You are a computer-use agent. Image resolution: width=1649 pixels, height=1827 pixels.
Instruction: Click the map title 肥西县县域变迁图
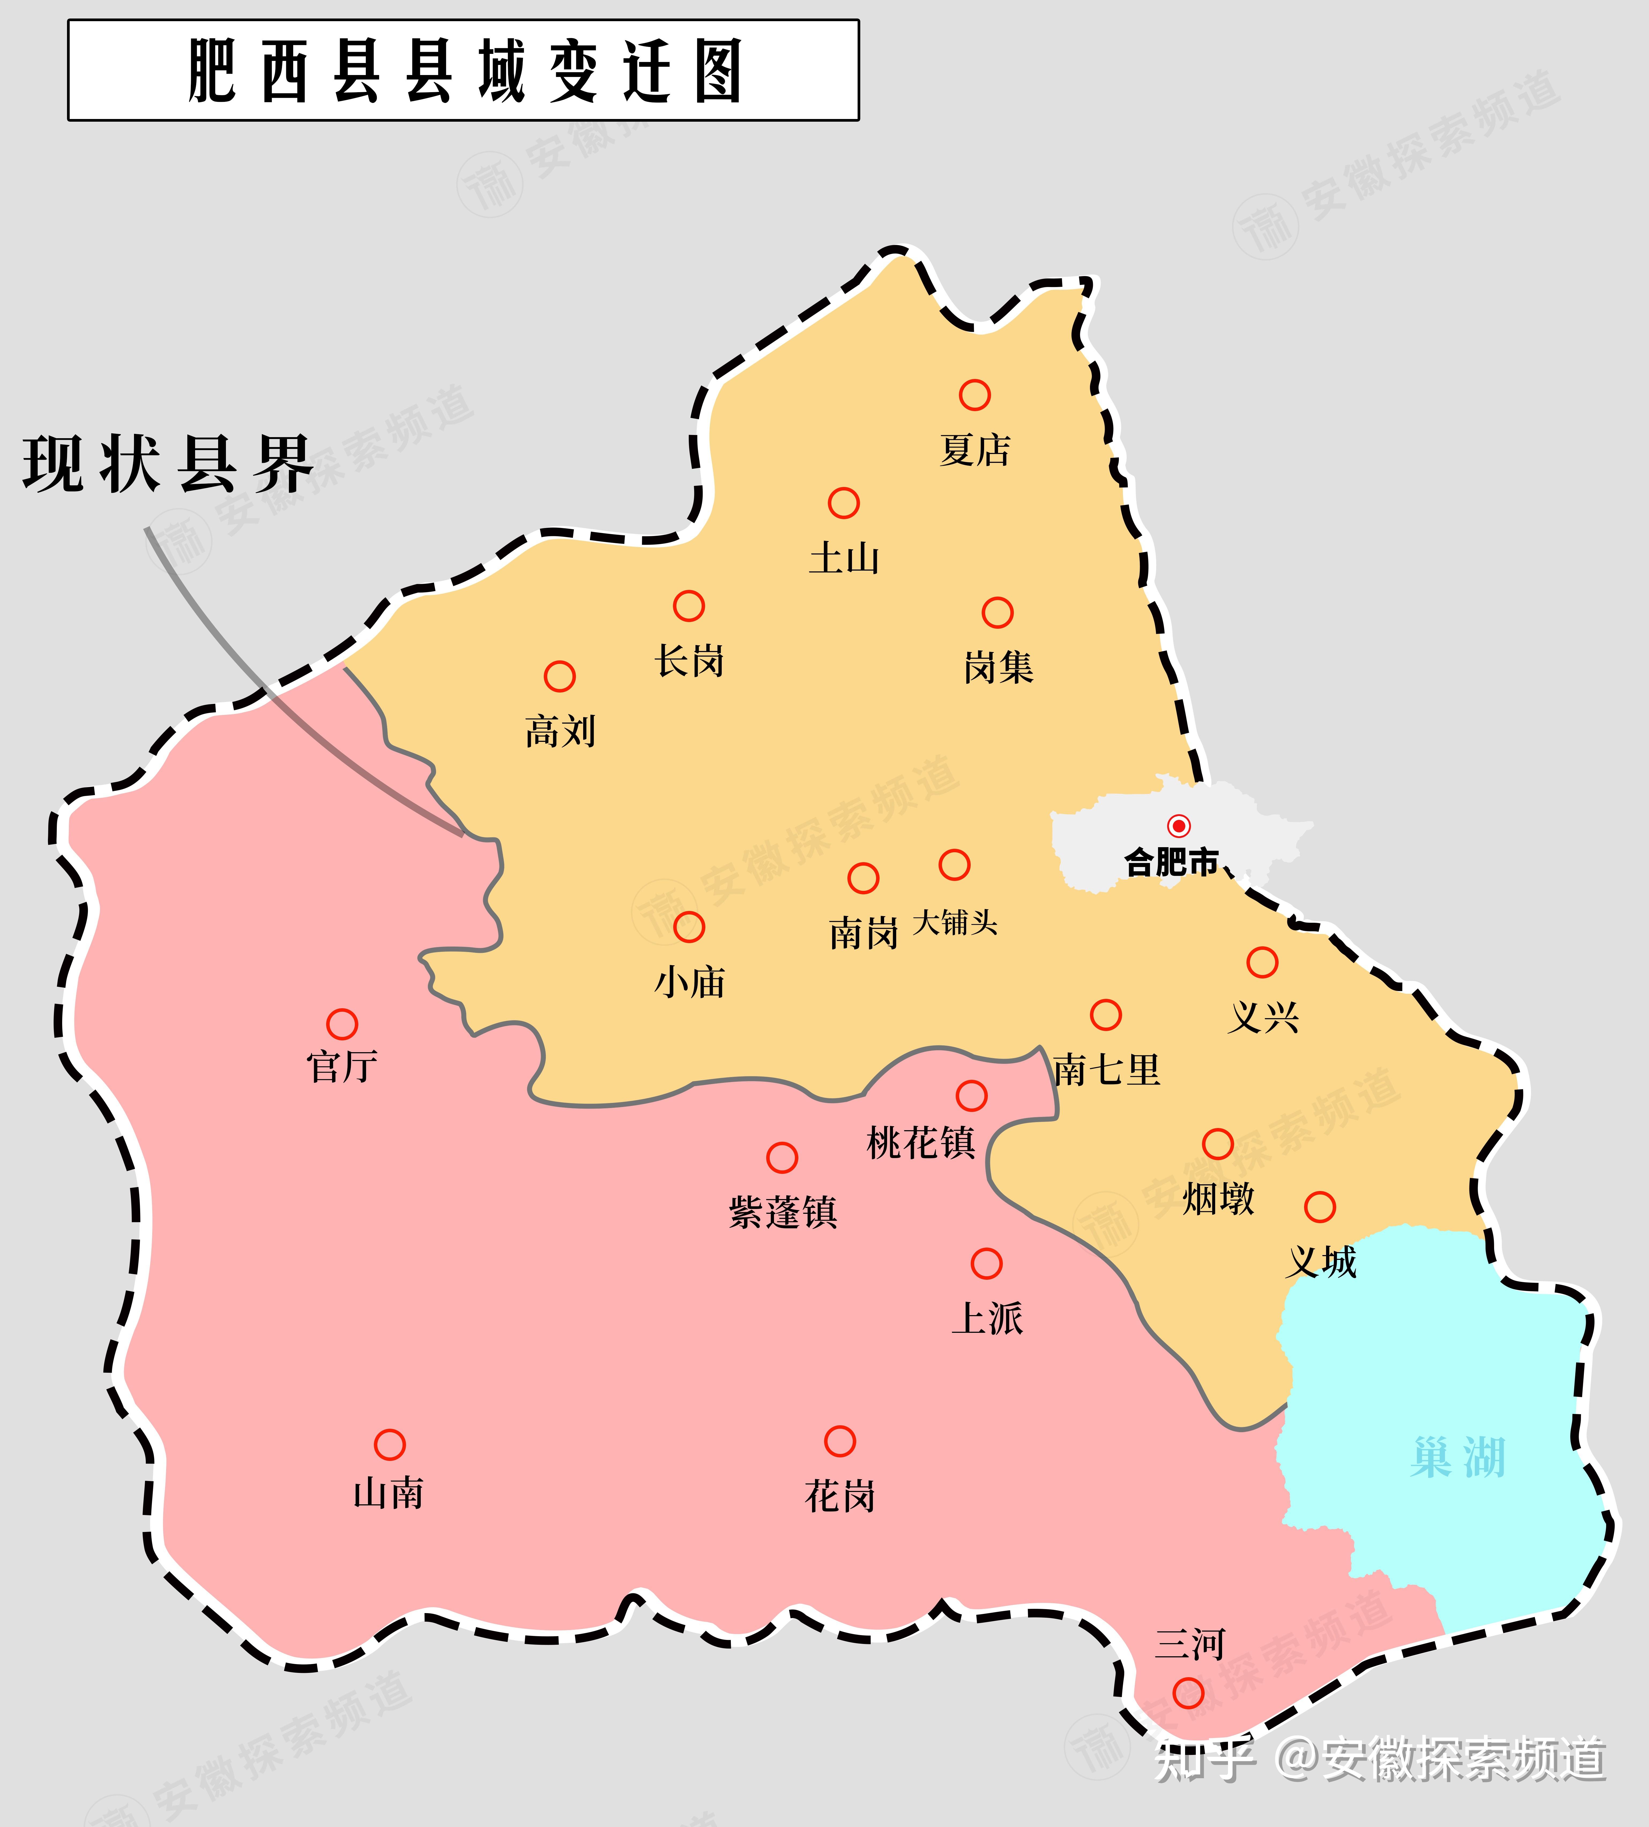pyautogui.click(x=464, y=71)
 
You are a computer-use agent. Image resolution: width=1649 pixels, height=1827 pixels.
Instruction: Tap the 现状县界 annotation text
pyautogui.click(x=167, y=464)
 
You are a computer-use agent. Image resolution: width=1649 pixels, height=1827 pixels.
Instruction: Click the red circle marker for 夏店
pyautogui.click(x=975, y=395)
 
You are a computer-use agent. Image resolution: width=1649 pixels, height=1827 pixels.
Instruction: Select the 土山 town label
pyautogui.click(x=843, y=558)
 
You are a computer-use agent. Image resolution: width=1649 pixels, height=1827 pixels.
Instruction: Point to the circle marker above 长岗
pyautogui.click(x=688, y=605)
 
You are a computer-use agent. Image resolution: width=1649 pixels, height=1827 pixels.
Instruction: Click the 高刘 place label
pyautogui.click(x=560, y=731)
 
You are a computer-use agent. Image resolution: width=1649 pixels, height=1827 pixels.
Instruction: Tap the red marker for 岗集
pyautogui.click(x=997, y=613)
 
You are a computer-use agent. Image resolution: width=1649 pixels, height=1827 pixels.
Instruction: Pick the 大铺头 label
pyautogui.click(x=955, y=922)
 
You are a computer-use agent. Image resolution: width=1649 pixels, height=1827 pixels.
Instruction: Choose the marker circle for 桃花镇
pyautogui.click(x=971, y=1096)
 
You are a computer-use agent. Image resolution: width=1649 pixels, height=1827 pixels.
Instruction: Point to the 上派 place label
pyautogui.click(x=987, y=1319)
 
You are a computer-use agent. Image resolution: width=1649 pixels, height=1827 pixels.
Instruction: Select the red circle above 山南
pyautogui.click(x=390, y=1445)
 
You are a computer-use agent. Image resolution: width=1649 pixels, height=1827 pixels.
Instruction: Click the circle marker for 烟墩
pyautogui.click(x=1218, y=1144)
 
